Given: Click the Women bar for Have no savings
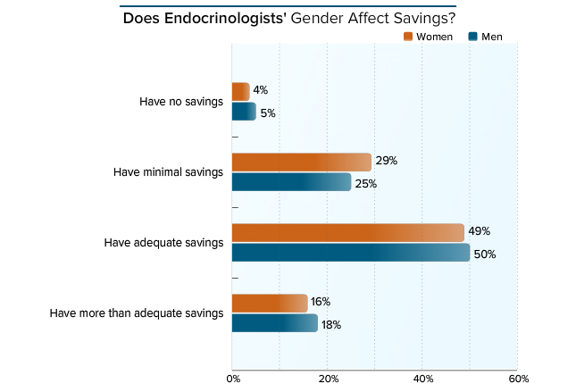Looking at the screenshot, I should point(240,91).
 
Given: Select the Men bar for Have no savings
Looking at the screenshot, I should point(244,112).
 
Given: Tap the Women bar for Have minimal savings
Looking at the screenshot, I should point(301,162).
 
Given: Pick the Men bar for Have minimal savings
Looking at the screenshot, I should point(291,182).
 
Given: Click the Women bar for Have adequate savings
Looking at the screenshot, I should point(347,232).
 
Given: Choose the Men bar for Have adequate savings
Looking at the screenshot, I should point(350,253).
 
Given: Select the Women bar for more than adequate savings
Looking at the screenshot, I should point(270,304).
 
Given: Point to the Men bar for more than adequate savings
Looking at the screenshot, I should point(274,323).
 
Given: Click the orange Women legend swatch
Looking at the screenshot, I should point(408,37).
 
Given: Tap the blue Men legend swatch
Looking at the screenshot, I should point(473,37).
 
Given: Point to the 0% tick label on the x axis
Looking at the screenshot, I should point(232,379).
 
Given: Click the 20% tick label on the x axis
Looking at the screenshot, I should point(327,379).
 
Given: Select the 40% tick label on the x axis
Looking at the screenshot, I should point(422,379).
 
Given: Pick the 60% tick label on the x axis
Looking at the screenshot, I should point(517,379).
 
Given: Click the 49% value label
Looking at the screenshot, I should point(480,231).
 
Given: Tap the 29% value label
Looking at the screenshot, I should point(386,161).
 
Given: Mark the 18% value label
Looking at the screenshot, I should point(331,324).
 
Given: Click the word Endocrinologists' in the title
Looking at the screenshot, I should point(225,18).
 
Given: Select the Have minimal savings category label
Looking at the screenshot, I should point(168,171).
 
